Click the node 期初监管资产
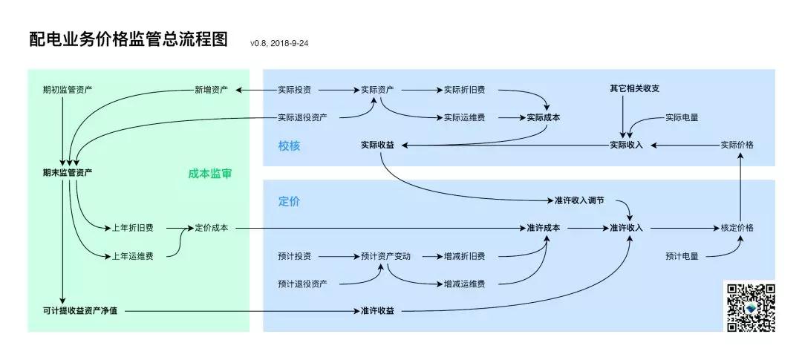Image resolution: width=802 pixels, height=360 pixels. click(x=68, y=90)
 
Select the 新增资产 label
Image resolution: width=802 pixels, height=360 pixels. click(x=211, y=90)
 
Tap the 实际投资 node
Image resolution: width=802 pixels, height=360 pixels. click(x=294, y=90)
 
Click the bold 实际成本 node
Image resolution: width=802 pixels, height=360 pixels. click(x=544, y=117)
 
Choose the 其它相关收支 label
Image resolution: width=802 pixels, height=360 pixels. click(x=635, y=88)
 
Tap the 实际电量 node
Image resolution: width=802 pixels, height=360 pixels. click(x=681, y=117)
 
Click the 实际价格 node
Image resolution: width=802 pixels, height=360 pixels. click(x=737, y=145)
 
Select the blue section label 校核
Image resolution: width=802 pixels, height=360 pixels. click(x=289, y=146)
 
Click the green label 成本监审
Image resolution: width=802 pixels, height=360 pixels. click(x=209, y=174)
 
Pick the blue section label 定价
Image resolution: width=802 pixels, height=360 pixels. click(x=289, y=201)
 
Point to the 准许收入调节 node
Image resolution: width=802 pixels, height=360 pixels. click(x=579, y=200)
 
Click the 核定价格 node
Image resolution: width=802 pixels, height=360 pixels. click(x=737, y=228)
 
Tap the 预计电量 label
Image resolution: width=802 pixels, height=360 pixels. click(x=681, y=256)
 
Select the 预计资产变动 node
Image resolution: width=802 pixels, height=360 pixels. click(x=385, y=256)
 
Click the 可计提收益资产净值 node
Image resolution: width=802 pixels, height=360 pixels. click(x=80, y=310)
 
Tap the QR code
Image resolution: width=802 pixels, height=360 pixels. click(x=751, y=307)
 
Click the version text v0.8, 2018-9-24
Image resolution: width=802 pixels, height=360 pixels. click(x=279, y=43)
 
